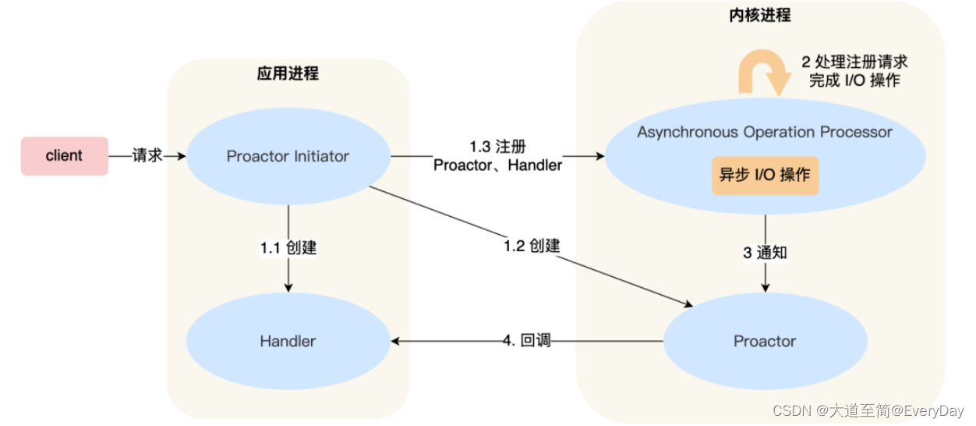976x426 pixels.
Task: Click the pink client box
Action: click(64, 156)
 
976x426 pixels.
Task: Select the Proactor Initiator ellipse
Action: click(288, 156)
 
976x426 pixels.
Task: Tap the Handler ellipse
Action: click(288, 341)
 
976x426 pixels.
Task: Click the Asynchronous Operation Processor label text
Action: click(764, 132)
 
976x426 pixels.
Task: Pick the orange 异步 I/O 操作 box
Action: click(765, 175)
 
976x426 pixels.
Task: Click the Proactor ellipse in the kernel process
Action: click(765, 341)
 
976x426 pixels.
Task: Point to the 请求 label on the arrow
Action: click(147, 155)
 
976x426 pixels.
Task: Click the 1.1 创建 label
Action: click(288, 248)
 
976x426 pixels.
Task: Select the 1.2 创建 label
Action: click(532, 246)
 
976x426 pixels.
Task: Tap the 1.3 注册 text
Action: click(497, 147)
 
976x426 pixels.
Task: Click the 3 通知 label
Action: click(764, 253)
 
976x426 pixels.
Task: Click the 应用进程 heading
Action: click(288, 74)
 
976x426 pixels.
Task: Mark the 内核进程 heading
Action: click(760, 15)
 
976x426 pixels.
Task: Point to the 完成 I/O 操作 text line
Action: click(854, 80)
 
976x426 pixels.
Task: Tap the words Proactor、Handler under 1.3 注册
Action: click(497, 165)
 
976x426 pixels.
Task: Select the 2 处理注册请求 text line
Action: click(854, 62)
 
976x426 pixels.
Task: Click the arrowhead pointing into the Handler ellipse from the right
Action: click(396, 341)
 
